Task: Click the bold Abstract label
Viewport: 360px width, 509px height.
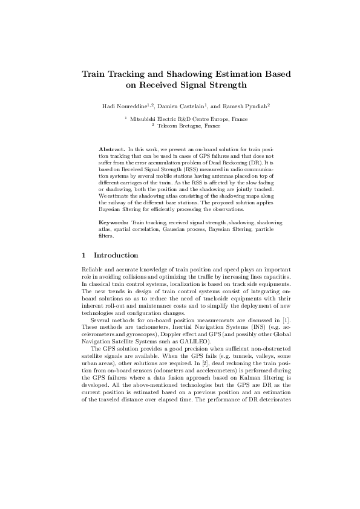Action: pos(113,148)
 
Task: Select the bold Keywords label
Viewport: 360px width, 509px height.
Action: pos(114,223)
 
